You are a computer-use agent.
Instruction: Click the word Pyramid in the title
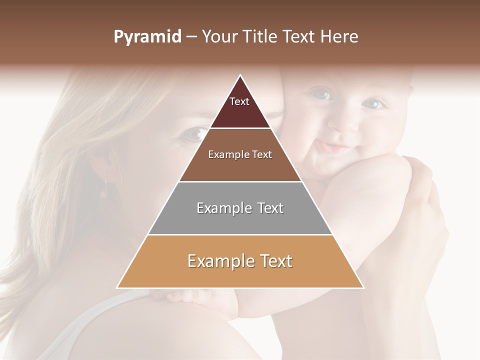pyautogui.click(x=147, y=37)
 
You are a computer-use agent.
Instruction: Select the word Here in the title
pyautogui.click(x=339, y=37)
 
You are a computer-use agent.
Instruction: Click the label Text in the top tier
pyautogui.click(x=239, y=101)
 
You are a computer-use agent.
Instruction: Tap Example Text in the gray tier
pyautogui.click(x=240, y=208)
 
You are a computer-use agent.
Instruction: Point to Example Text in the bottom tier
pyautogui.click(x=240, y=261)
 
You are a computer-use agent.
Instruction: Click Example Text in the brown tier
pyautogui.click(x=240, y=154)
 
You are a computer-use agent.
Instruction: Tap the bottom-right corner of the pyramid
pyautogui.click(x=363, y=288)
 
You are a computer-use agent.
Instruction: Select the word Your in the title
pyautogui.click(x=219, y=37)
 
